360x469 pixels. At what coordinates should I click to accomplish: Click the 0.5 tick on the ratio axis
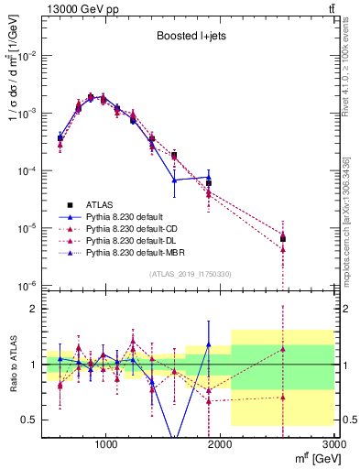(x=30, y=420)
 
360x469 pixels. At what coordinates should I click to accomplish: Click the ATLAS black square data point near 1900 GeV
(x=209, y=183)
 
